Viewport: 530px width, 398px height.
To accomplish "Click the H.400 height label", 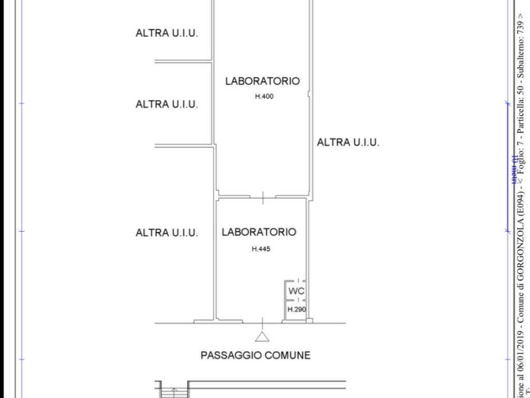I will coord(264,96).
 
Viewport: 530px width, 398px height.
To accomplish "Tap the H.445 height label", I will coord(261,249).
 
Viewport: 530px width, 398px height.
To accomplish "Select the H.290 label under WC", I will coord(297,310).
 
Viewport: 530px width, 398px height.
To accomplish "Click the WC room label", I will coord(296,291).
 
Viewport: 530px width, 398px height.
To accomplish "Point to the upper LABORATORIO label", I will coord(262,81).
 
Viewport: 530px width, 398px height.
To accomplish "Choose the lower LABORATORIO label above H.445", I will coord(259,232).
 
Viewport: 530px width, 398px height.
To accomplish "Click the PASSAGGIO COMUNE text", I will coord(255,356).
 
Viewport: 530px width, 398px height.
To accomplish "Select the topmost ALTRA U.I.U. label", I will coord(167,33).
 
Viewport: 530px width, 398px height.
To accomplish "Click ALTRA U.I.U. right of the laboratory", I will coord(348,142).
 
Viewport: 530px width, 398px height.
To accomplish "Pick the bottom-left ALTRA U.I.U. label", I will coord(167,233).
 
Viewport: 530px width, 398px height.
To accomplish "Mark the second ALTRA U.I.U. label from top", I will coord(167,104).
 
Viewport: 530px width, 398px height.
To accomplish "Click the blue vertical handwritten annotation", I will coord(514,168).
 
